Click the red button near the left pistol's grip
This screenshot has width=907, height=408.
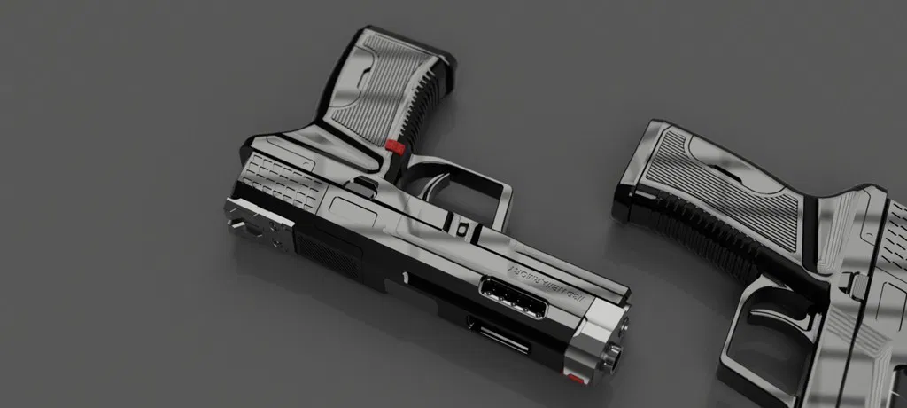pyautogui.click(x=396, y=148)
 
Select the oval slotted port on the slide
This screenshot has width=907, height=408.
pyautogui.click(x=513, y=298)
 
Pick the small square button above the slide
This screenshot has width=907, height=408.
pyautogui.click(x=462, y=228)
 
